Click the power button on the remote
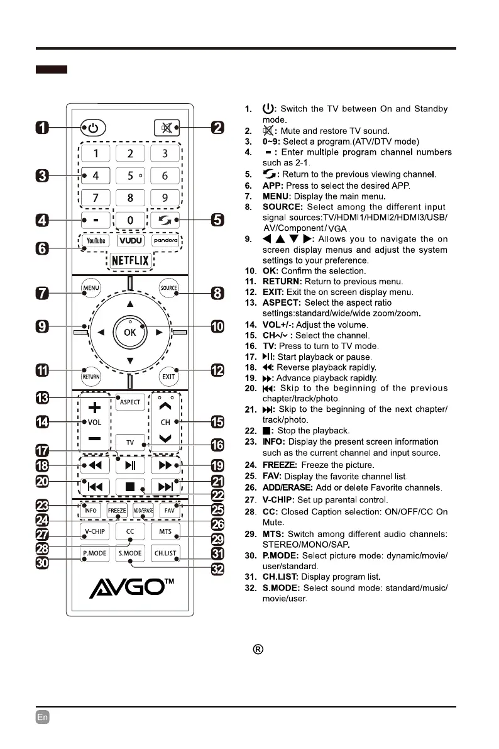(93, 128)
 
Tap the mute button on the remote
(166, 128)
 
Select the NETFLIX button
(129, 260)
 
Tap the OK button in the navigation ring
(129, 332)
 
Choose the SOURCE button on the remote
(168, 288)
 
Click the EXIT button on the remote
(168, 377)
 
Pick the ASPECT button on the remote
(129, 402)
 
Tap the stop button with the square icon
(129, 487)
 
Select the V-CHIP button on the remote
(94, 531)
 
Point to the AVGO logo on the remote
(129, 589)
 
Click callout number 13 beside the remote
(43, 398)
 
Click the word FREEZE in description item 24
(279, 465)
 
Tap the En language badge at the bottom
(43, 716)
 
